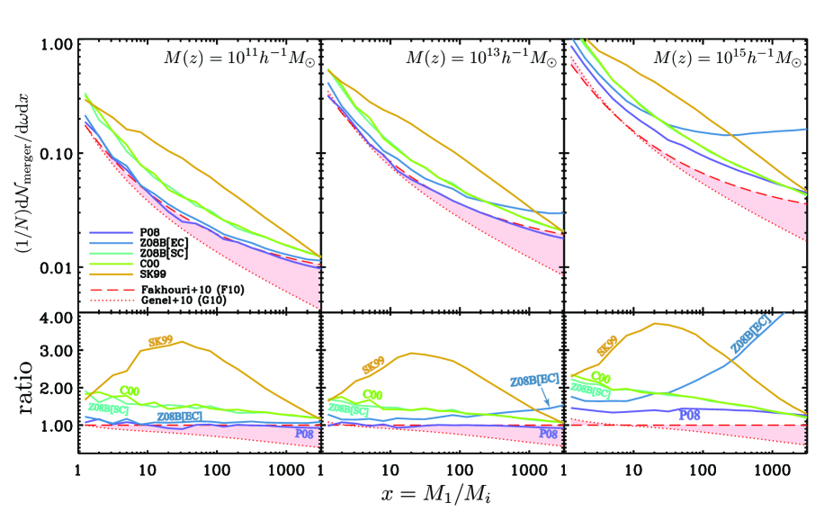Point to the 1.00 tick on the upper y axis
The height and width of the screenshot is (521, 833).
[x=58, y=44]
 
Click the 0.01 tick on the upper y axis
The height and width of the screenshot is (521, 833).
[x=58, y=267]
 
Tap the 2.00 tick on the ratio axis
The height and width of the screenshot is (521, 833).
[x=58, y=388]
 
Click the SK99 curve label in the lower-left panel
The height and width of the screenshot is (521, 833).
[x=166, y=343]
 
